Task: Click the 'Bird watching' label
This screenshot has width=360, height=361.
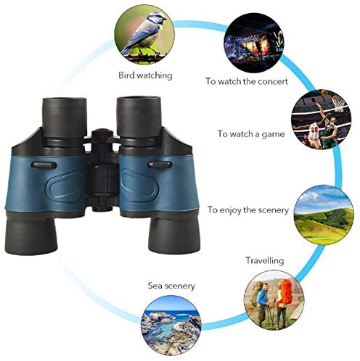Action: click(x=145, y=75)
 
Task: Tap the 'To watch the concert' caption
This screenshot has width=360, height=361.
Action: click(x=247, y=81)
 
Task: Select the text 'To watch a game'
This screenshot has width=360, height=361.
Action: click(x=251, y=134)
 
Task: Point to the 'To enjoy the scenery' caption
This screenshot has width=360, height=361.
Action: click(x=248, y=210)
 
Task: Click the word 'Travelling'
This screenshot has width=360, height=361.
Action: click(x=265, y=261)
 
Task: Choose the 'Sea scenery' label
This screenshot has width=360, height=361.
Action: click(x=171, y=286)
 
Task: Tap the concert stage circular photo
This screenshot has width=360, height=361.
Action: click(x=254, y=43)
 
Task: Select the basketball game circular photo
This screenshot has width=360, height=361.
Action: click(x=321, y=119)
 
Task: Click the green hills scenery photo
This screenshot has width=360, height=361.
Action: click(x=324, y=215)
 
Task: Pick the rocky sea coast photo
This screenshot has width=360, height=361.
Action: click(x=171, y=325)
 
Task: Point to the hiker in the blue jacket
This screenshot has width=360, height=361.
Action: click(x=262, y=304)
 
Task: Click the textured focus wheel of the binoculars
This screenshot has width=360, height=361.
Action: click(x=102, y=179)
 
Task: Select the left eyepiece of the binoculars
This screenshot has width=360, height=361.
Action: click(x=65, y=117)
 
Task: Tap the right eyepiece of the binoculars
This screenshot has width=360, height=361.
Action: click(x=139, y=117)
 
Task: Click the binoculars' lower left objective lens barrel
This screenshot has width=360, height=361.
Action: click(x=30, y=234)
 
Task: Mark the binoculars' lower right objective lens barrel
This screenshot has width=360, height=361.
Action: click(x=175, y=235)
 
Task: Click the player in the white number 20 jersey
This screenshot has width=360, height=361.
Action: click(x=314, y=134)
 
